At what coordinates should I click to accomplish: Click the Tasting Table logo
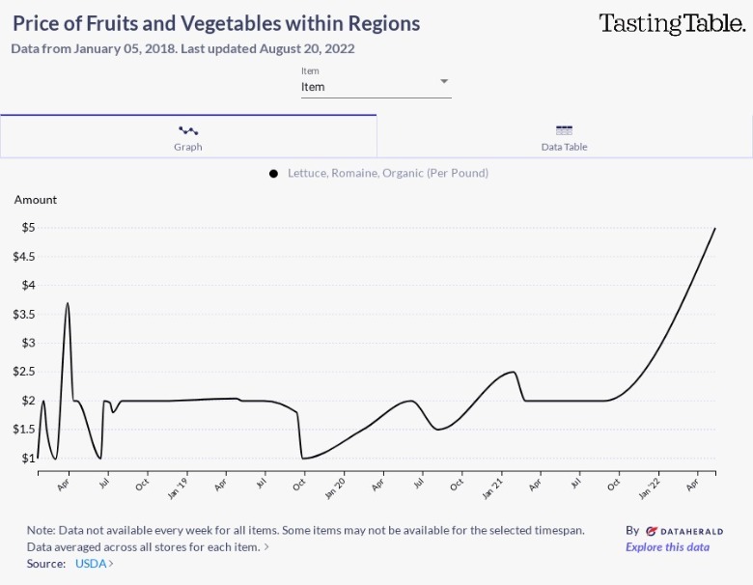point(672,24)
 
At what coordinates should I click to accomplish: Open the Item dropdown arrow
point(444,81)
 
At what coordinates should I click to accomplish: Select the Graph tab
point(188,136)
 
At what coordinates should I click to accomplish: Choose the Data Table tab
point(564,136)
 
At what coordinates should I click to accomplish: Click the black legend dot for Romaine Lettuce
point(274,174)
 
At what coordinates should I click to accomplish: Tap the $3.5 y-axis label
point(22,315)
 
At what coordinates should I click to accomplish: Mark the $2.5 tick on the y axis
point(22,372)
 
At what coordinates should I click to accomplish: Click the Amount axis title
point(36,200)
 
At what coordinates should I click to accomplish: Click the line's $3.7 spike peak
point(68,303)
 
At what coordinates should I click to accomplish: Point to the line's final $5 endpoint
point(714,228)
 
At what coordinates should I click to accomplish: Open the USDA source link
point(93,564)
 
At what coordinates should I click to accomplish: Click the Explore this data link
point(667,547)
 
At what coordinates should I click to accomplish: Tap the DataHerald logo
point(683,531)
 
